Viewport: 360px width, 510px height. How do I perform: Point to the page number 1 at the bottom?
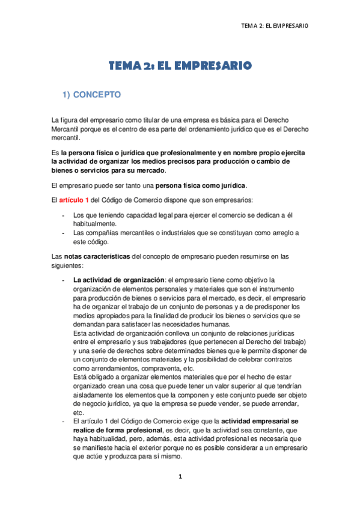coord(180,476)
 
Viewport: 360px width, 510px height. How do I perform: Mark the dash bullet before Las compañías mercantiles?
coord(64,232)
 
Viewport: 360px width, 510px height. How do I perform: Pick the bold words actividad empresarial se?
coord(264,421)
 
